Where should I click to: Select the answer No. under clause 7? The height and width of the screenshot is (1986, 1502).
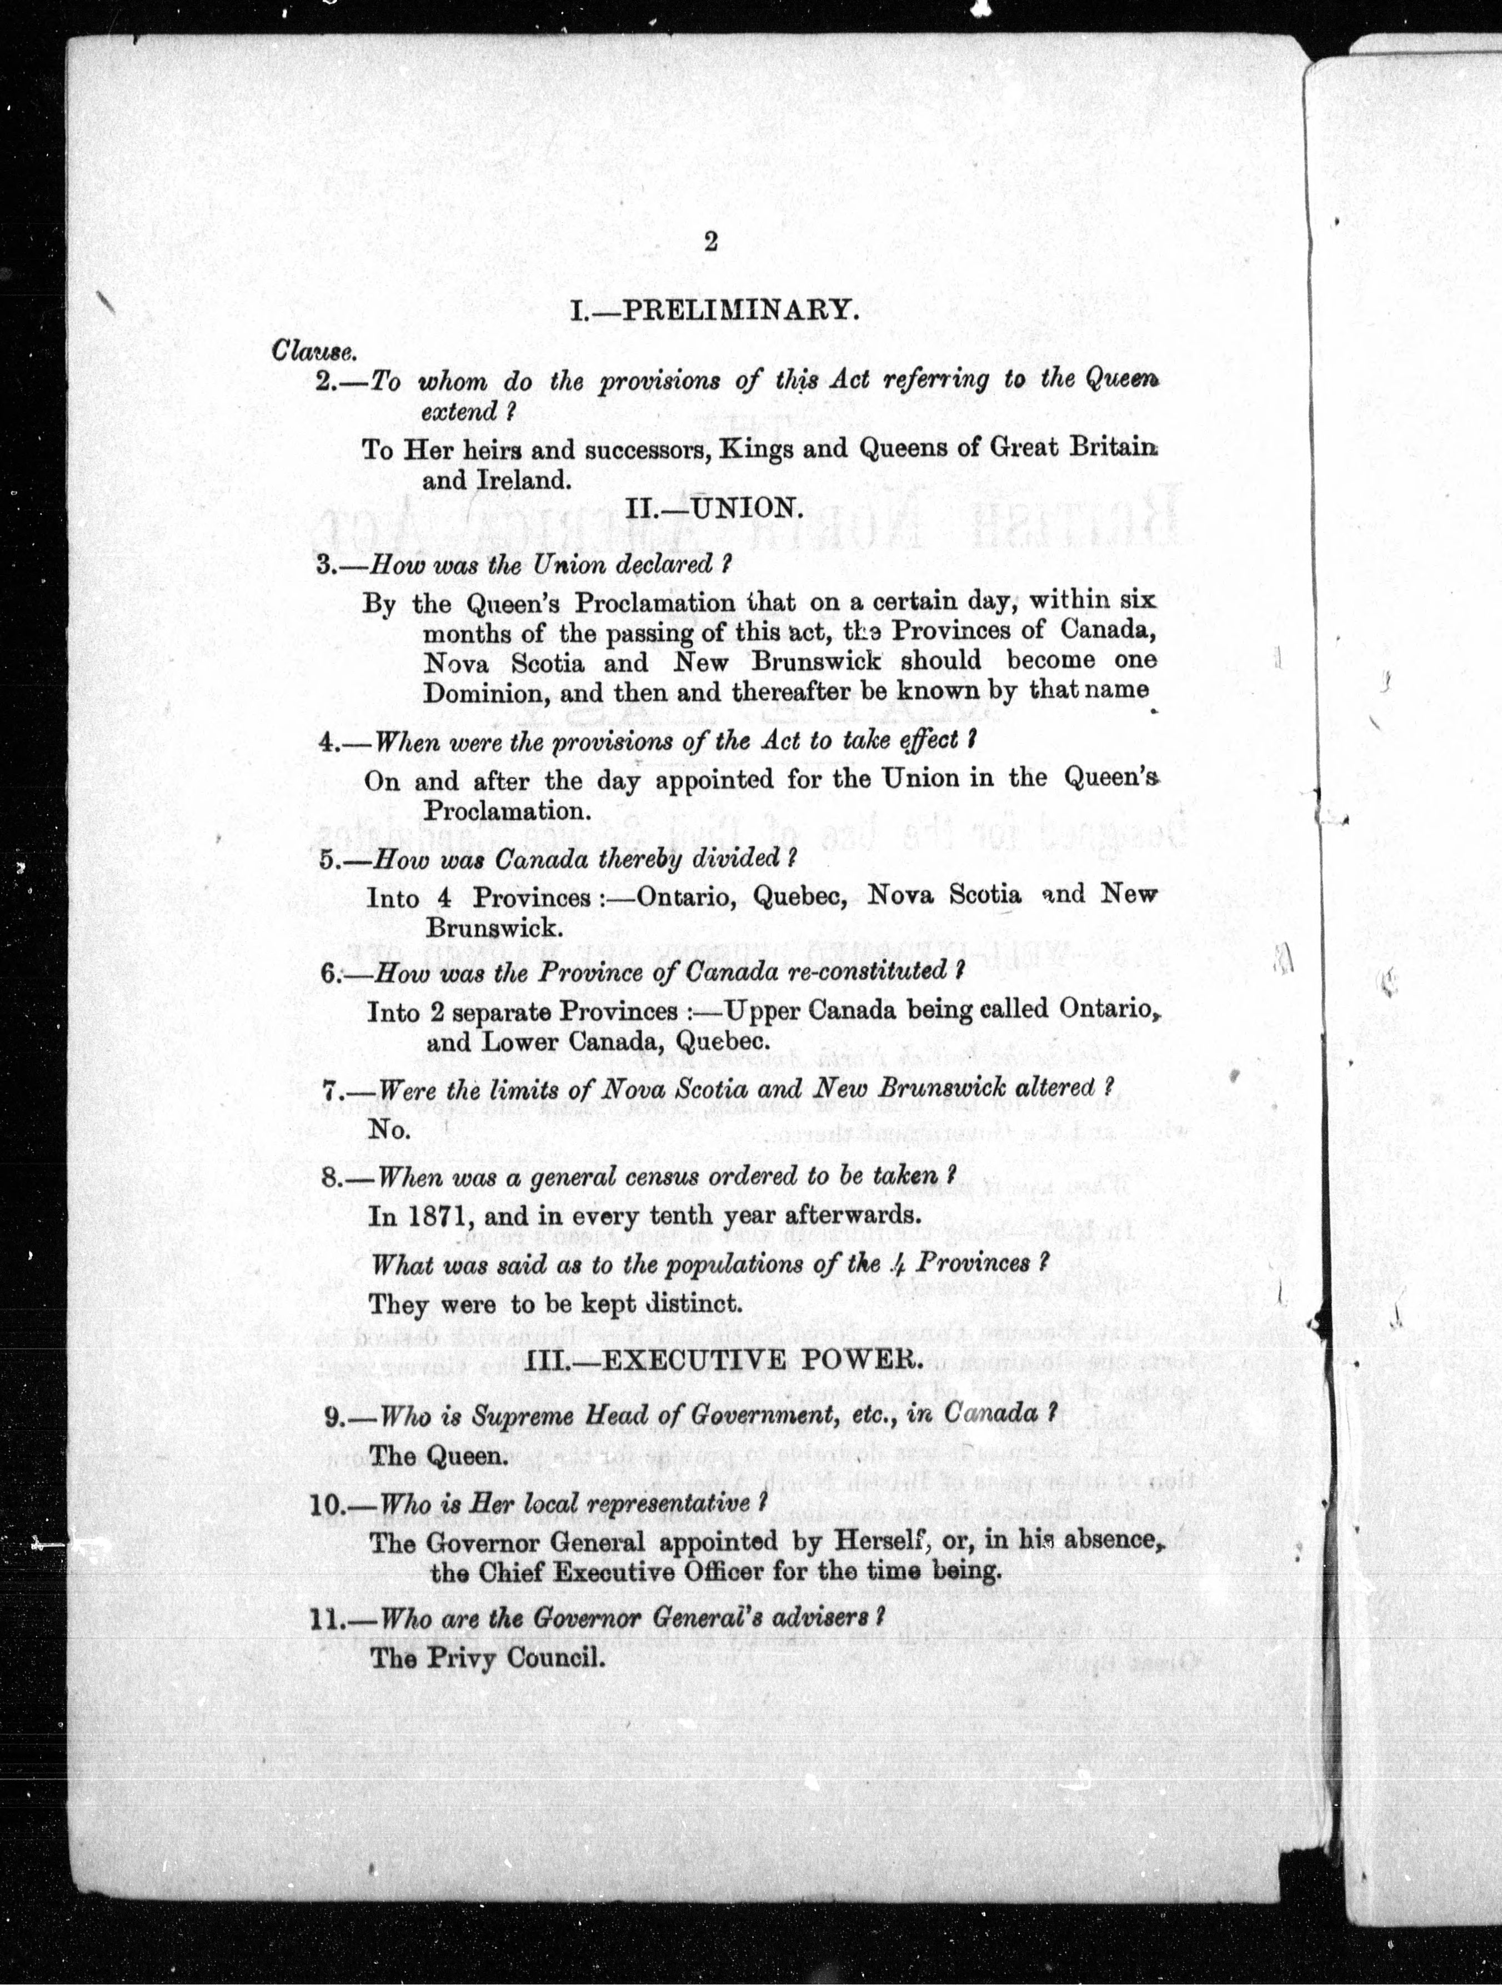[389, 1130]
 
